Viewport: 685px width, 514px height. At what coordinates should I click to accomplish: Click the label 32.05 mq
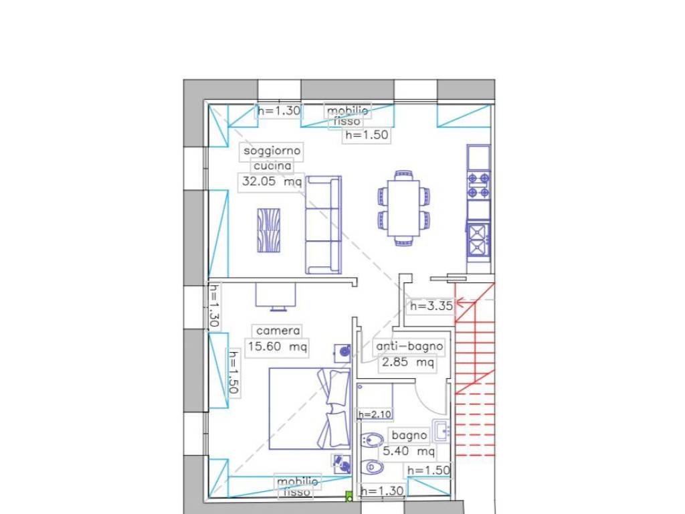[272, 181]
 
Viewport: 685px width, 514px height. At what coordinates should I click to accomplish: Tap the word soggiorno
[272, 151]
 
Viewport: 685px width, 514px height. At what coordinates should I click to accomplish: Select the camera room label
[278, 331]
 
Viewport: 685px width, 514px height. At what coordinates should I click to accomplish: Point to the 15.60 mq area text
[278, 347]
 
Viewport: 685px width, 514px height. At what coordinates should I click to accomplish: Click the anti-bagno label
[409, 346]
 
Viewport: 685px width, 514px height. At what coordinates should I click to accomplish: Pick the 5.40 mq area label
[409, 450]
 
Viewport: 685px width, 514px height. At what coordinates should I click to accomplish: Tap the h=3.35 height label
[431, 306]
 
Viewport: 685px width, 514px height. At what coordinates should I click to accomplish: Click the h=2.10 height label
[375, 414]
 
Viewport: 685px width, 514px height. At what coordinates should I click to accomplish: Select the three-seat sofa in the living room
[323, 225]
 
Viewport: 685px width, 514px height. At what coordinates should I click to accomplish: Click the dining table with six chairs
[403, 208]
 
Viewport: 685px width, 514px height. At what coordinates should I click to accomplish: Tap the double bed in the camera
[310, 409]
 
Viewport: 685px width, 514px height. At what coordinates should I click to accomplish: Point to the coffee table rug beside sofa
[269, 230]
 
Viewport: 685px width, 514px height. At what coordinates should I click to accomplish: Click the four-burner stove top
[479, 185]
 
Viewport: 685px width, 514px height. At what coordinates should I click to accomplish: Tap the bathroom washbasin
[442, 430]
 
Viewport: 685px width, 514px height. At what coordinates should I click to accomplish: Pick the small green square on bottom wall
[349, 497]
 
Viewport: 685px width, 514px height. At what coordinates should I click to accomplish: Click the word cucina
[272, 166]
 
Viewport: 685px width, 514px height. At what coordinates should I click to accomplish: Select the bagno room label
[409, 435]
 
